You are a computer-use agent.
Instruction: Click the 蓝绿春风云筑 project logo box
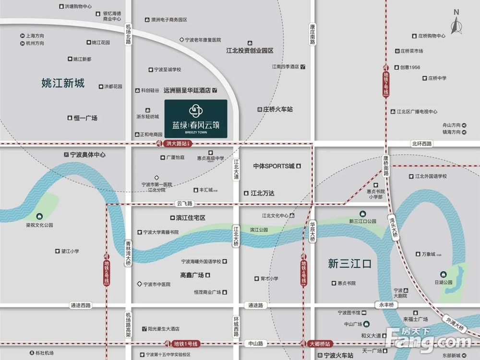[196, 119]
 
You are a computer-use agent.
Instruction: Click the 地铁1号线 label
[185, 344]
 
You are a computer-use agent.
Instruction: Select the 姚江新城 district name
[63, 84]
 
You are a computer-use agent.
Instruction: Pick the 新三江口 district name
[350, 264]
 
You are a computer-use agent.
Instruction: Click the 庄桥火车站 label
[277, 109]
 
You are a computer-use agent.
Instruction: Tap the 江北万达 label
[262, 193]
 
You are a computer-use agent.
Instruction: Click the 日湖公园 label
[444, 283]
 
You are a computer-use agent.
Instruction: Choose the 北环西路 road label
[421, 144]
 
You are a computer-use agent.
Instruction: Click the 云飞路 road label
[184, 204]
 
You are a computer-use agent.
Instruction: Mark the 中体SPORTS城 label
[274, 166]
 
